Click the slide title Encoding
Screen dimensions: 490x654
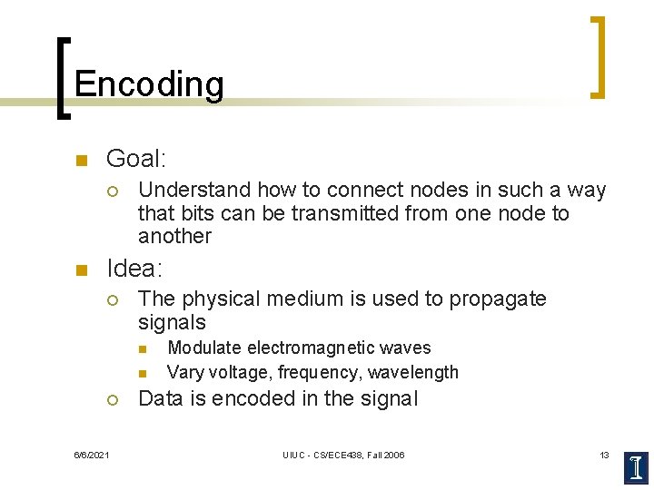149,84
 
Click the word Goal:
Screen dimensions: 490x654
136,160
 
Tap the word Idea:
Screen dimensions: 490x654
135,269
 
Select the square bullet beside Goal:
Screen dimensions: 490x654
81,162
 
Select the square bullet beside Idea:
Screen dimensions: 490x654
81,269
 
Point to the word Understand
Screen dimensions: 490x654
194,190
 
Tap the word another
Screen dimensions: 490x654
174,237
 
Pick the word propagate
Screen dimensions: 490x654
499,299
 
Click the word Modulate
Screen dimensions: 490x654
204,348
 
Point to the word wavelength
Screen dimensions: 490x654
417,372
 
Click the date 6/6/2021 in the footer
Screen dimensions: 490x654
92,455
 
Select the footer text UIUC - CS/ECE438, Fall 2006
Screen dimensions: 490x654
343,455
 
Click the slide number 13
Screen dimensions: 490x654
604,455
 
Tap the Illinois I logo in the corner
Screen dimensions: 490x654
636,466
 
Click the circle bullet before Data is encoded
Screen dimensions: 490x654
112,399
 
